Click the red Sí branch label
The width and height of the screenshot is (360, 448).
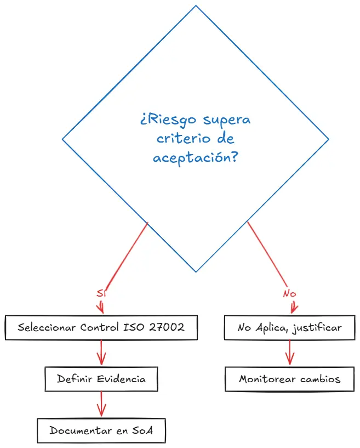(x=100, y=293)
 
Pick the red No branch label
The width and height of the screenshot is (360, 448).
(x=289, y=293)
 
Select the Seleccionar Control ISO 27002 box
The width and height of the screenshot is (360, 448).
(x=101, y=328)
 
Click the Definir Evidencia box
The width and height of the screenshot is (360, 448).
(x=101, y=379)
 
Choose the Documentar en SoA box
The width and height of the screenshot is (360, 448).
(x=101, y=430)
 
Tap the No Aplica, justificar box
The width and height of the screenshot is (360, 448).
(x=290, y=328)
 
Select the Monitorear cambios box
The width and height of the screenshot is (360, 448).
(x=290, y=379)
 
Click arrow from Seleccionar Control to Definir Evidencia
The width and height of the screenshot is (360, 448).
(x=101, y=353)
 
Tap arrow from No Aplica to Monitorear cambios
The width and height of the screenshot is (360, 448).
(x=289, y=353)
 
